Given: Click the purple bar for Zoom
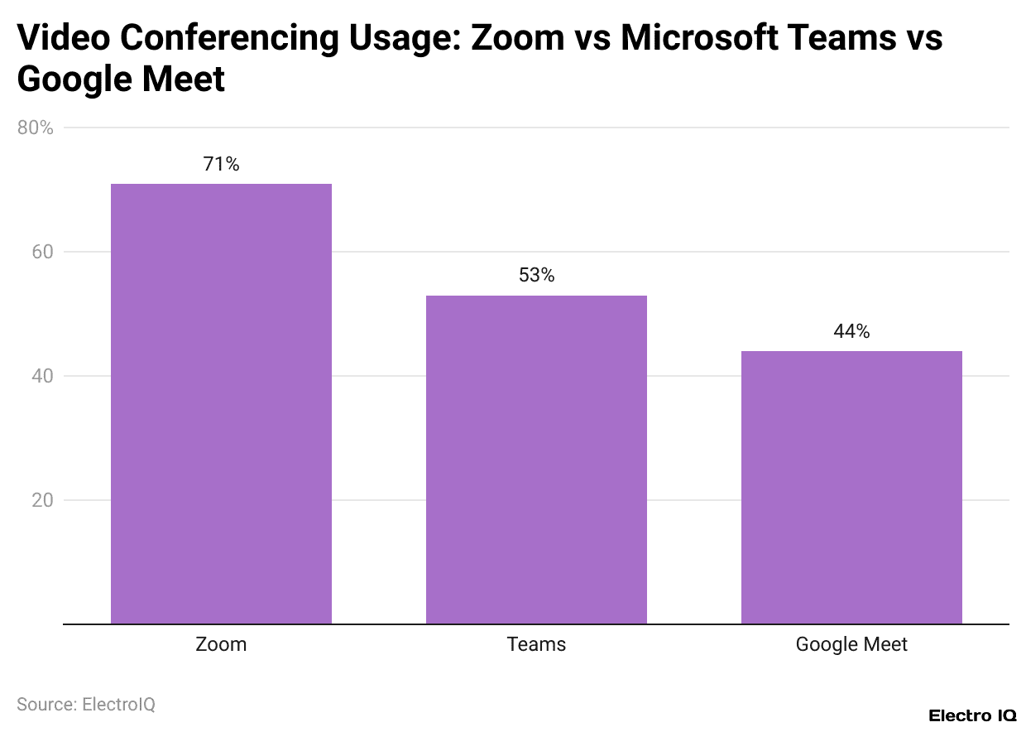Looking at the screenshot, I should click(x=221, y=403).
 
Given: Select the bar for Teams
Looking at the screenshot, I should click(x=536, y=460).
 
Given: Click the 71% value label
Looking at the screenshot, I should click(x=221, y=164).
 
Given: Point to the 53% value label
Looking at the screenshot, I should click(x=536, y=276).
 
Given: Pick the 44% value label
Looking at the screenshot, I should click(x=851, y=331).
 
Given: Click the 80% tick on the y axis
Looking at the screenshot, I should click(x=35, y=128).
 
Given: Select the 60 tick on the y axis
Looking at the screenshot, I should click(x=42, y=252).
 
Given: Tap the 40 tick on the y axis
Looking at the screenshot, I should click(x=42, y=376).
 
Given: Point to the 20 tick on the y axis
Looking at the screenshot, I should click(x=42, y=500).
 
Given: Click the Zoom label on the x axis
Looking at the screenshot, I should click(x=221, y=644).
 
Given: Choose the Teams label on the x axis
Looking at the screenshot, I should click(x=536, y=644).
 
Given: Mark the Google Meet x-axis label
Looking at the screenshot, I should click(x=851, y=644).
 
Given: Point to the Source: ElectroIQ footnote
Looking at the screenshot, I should click(x=86, y=704).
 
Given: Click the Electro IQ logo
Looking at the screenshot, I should click(x=972, y=715).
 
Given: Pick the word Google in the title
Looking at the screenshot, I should click(x=69, y=79).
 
